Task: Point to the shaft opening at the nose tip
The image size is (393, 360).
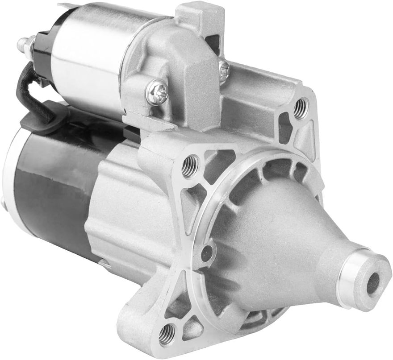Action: point(372,283)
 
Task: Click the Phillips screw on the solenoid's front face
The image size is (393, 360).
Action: point(157,91)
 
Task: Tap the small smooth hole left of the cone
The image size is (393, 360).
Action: point(207,253)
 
